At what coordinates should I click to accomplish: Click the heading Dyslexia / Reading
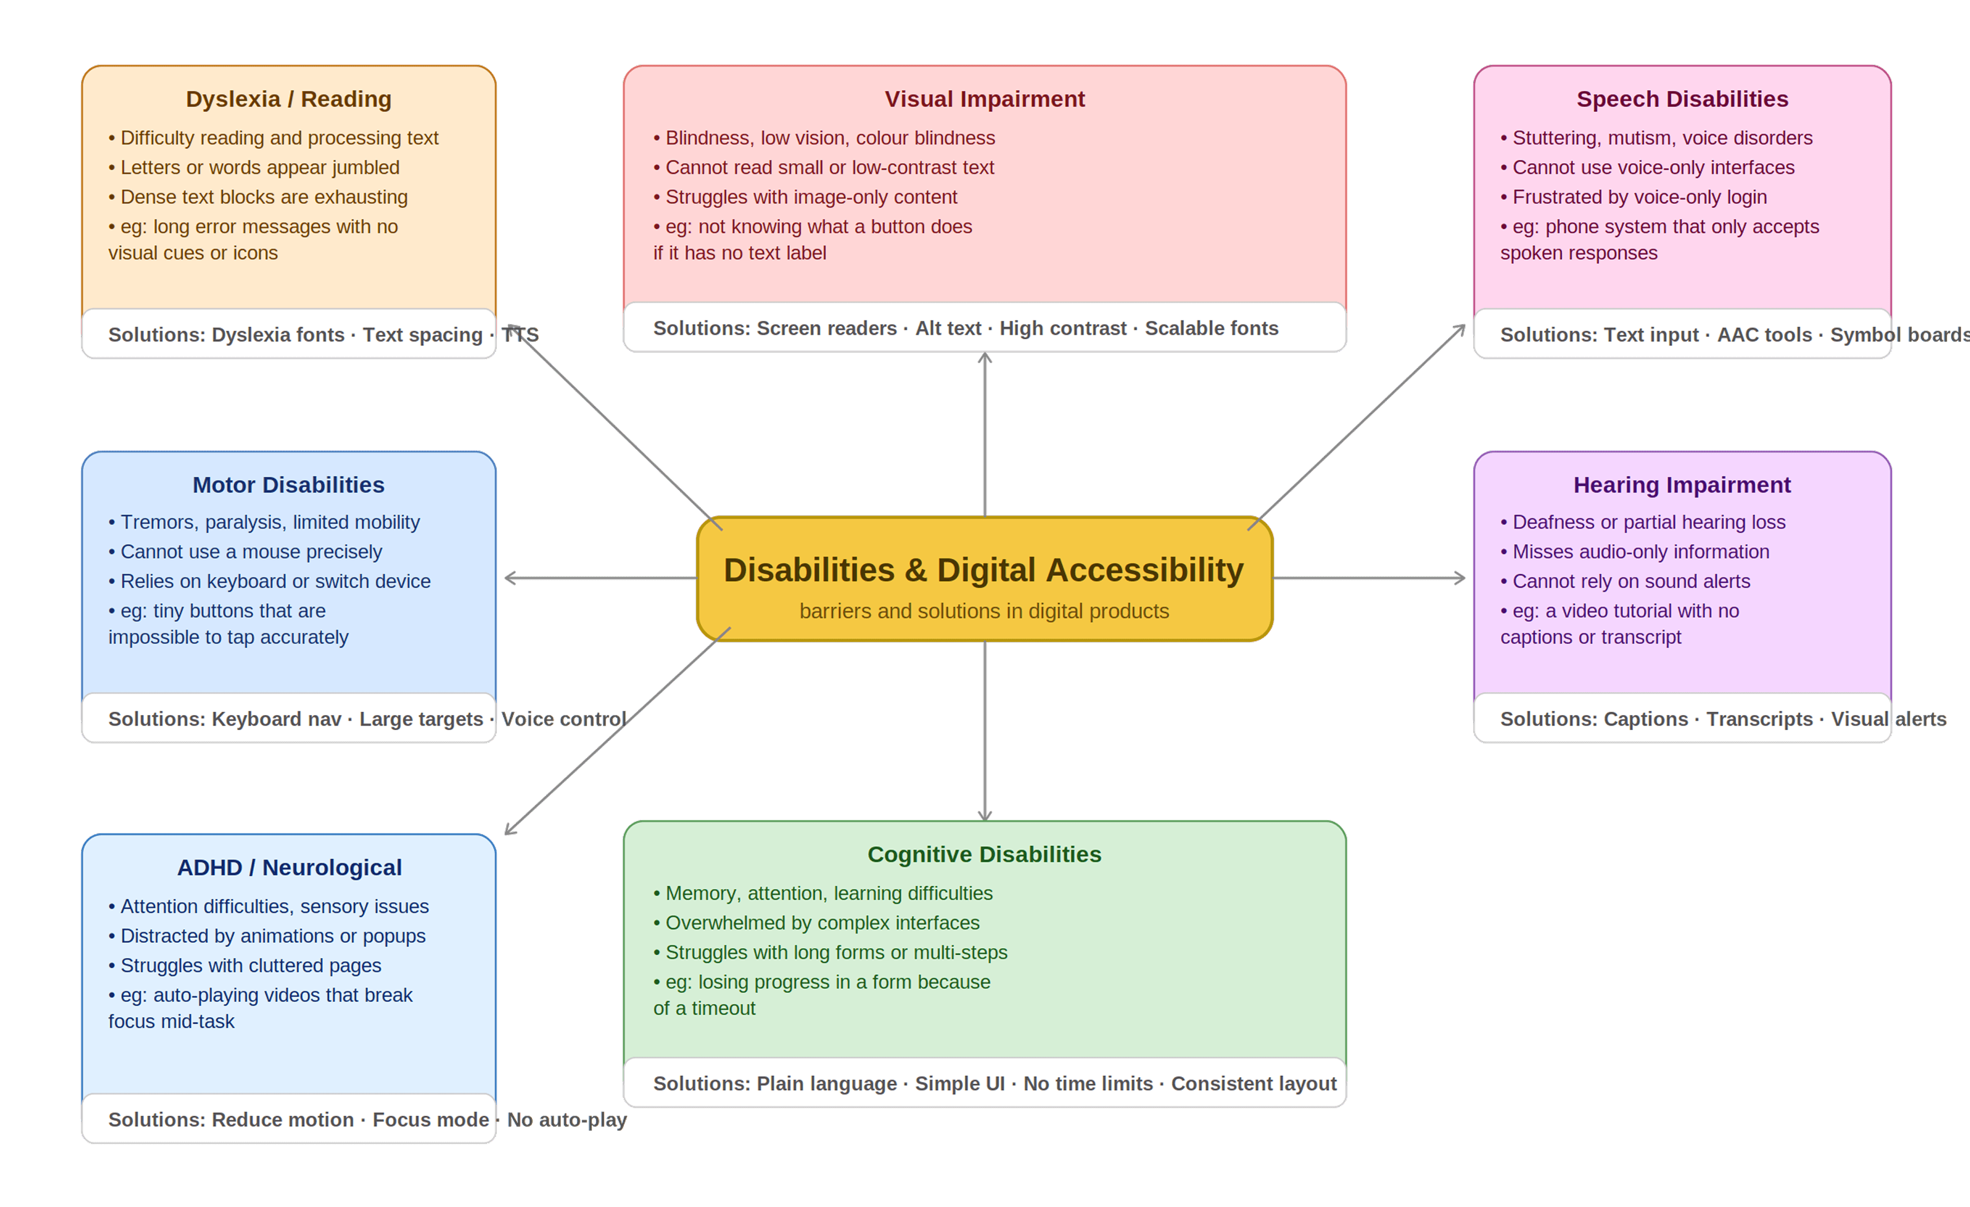289,99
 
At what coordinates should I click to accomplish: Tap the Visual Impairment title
984,99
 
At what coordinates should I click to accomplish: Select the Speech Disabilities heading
1682,99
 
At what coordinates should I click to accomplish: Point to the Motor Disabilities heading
289,485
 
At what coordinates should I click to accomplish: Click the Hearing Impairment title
1682,485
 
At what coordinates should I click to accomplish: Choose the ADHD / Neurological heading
289,868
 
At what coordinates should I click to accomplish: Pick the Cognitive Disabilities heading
984,854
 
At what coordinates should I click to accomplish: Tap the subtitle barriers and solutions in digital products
984,611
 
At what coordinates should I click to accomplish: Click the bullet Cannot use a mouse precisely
251,552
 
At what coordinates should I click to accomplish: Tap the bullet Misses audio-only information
1641,552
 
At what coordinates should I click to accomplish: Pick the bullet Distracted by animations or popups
273,936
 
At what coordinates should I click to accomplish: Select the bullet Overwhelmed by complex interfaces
822,923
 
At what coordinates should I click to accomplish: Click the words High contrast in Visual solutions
1063,329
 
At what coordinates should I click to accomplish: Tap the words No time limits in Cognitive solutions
1088,1084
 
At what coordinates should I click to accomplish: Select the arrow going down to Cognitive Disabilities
985,732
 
